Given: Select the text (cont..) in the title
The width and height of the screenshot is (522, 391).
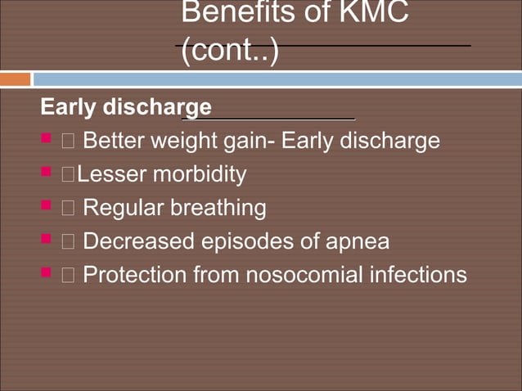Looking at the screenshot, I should [x=229, y=51].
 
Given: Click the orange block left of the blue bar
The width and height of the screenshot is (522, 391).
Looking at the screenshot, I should [x=15, y=79].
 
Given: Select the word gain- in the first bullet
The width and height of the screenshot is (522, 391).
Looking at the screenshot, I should [x=249, y=142].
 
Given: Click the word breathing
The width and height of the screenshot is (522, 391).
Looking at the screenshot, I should [x=218, y=209].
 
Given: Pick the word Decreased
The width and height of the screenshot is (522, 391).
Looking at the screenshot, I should [x=140, y=242].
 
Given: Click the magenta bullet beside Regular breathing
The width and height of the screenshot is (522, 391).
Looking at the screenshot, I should [x=47, y=206].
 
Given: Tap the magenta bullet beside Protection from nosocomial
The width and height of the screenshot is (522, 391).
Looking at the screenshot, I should [x=47, y=273].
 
